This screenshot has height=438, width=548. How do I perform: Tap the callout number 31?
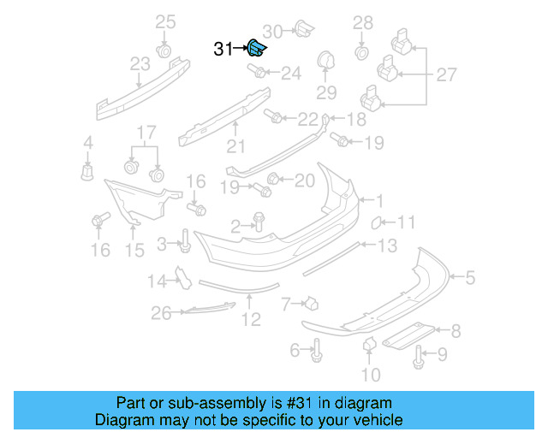[x=223, y=50]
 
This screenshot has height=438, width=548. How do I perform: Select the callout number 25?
[x=164, y=21]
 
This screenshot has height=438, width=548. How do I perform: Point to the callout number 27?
[x=446, y=75]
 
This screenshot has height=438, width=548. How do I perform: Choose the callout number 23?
[x=140, y=64]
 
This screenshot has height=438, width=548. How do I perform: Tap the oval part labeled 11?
[x=375, y=223]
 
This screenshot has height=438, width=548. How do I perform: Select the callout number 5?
[x=470, y=276]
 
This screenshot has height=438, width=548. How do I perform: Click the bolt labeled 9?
[x=419, y=358]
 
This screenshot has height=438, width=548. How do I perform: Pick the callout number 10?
[x=370, y=374]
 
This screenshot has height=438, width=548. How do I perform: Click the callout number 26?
[x=161, y=314]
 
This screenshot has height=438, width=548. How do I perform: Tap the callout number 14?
[x=156, y=281]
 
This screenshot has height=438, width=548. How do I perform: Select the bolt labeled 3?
[x=185, y=241]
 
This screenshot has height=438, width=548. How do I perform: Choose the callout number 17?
[x=146, y=133]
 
